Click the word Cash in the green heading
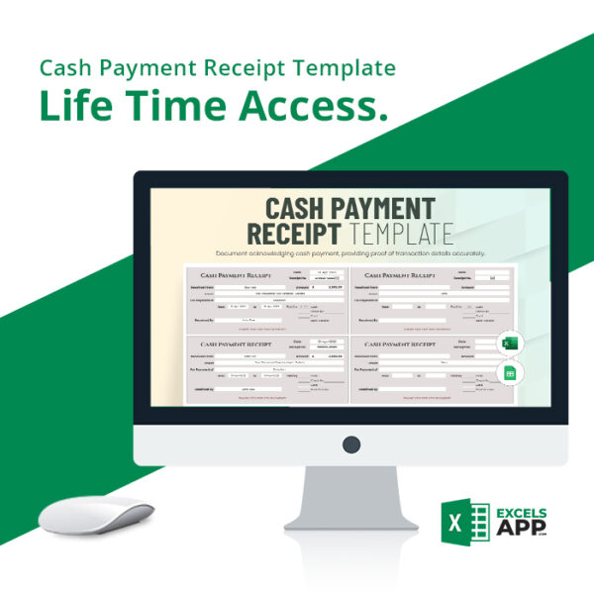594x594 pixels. tap(65, 68)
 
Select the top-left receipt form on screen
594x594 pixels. tap(266, 299)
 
